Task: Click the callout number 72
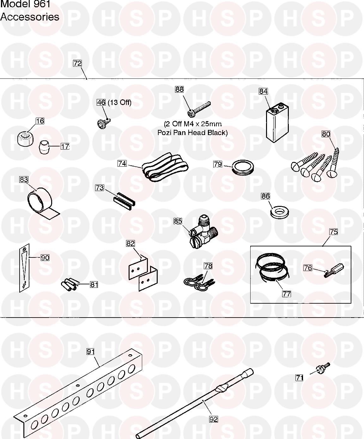tap(77, 63)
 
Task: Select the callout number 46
tap(101, 102)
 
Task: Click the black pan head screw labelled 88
tap(199, 109)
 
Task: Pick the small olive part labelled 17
tap(44, 148)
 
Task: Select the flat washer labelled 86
tap(279, 212)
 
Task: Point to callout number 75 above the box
tap(333, 232)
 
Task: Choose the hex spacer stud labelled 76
tap(334, 270)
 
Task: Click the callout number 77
tap(287, 294)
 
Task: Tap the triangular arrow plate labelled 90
tap(24, 268)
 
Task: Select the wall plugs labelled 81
tap(69, 284)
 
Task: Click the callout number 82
tap(130, 244)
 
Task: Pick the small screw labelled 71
tap(323, 368)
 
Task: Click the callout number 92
tap(214, 419)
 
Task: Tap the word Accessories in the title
tap(30, 17)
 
